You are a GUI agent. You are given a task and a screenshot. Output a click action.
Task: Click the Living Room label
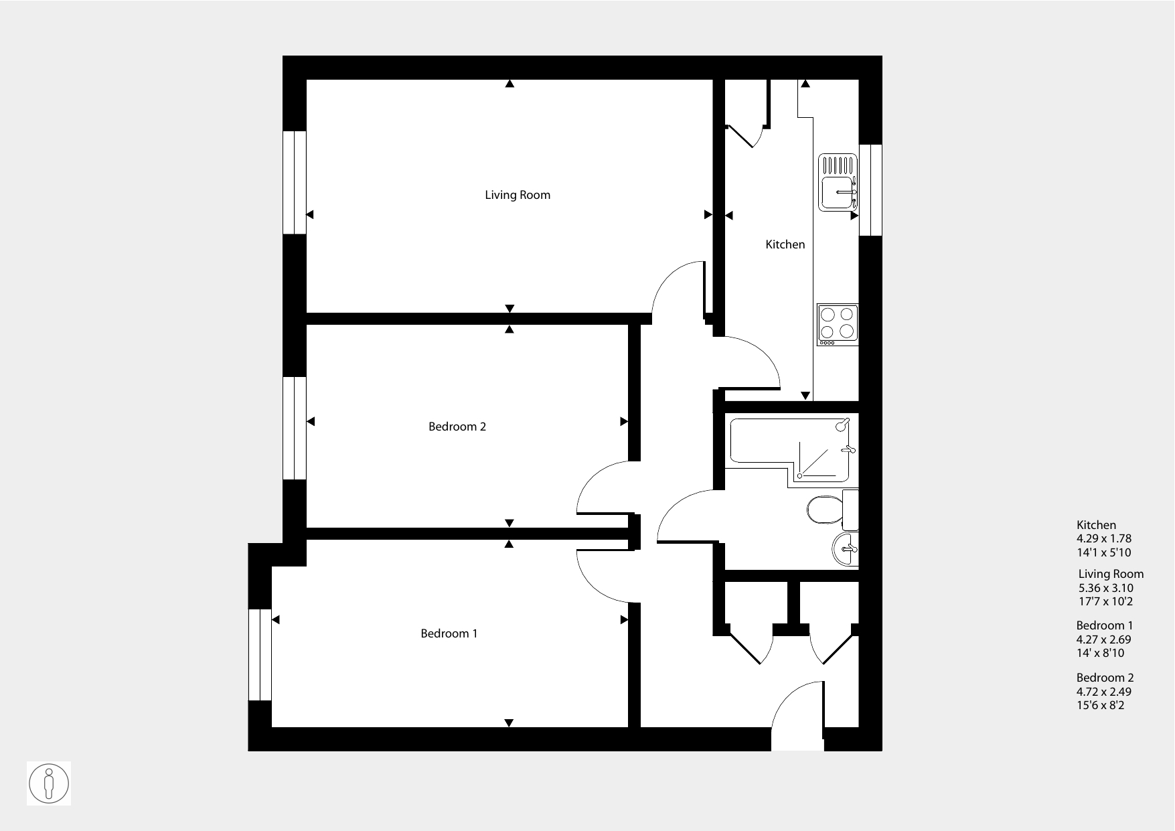pos(518,195)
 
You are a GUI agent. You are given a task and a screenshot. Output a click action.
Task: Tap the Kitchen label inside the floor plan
pos(785,244)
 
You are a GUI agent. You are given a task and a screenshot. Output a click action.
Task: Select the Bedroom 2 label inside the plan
pos(457,427)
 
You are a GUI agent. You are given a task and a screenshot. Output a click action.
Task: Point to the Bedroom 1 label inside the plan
pos(449,633)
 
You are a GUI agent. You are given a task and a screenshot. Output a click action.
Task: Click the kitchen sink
pos(838,183)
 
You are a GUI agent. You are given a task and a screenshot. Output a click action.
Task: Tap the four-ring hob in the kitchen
pos(838,325)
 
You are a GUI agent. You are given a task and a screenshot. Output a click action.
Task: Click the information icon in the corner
pos(49,783)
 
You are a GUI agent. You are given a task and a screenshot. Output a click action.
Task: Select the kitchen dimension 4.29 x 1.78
pos(1104,538)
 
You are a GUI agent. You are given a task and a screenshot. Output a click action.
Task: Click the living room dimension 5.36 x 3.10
pos(1105,588)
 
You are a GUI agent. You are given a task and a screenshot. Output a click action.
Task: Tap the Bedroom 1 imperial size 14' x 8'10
pos(1100,653)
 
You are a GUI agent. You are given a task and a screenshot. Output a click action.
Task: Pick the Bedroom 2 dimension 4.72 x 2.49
pos(1104,692)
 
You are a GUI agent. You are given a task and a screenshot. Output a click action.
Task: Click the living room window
pos(295,182)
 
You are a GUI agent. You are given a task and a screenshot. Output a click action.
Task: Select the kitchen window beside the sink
pos(870,190)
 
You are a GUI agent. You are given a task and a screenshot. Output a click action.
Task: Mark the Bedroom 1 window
pos(260,655)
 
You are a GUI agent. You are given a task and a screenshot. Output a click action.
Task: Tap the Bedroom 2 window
pos(295,428)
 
